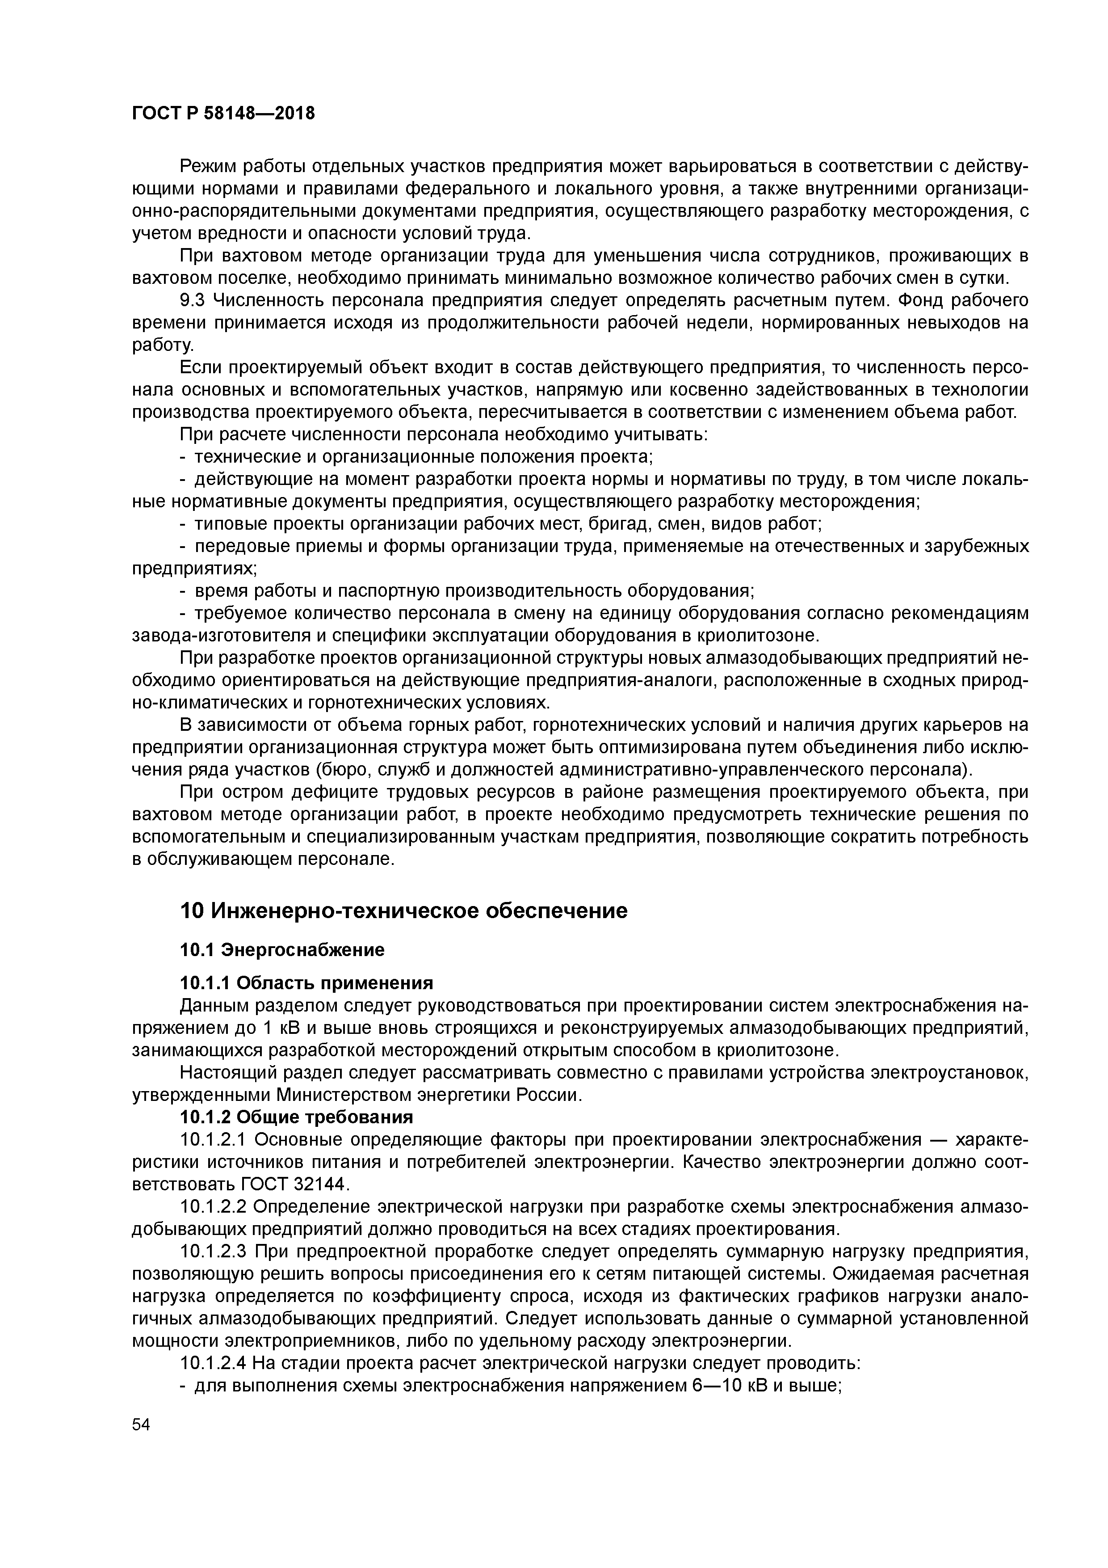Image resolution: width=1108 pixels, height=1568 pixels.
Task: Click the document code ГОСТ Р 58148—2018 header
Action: [x=223, y=114]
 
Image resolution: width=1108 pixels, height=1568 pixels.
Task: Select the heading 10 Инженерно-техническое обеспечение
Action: [x=403, y=911]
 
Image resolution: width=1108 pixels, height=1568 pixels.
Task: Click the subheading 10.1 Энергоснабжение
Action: [x=282, y=950]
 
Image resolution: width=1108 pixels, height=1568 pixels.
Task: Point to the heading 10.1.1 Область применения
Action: [x=306, y=983]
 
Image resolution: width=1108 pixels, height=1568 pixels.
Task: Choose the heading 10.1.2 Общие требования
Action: [x=296, y=1117]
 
